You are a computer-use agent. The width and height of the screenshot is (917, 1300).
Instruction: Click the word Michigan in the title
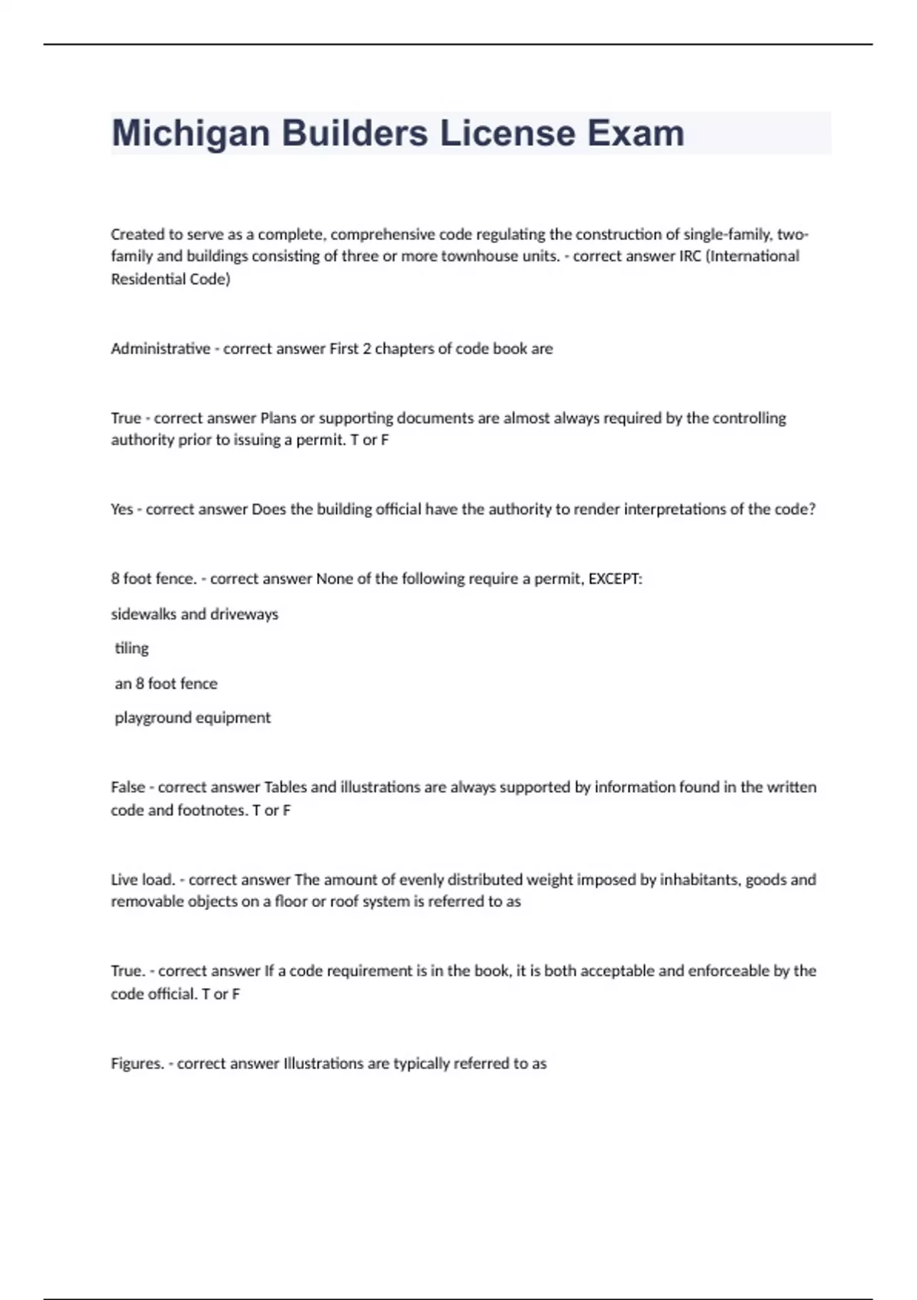coord(190,134)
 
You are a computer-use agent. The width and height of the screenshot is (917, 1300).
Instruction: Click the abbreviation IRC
coord(690,256)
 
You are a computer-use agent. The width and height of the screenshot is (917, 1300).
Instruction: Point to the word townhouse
coord(476,256)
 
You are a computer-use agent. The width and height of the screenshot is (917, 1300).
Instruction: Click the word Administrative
coord(160,349)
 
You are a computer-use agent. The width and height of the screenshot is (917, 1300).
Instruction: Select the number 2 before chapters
coord(367,349)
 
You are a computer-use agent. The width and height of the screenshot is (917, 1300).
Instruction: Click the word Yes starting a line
coord(122,509)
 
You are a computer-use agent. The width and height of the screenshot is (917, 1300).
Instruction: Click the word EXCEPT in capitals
coord(614,579)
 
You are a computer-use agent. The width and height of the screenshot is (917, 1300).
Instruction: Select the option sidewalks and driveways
coord(195,614)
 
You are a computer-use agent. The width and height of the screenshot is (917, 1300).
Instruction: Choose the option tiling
coord(131,648)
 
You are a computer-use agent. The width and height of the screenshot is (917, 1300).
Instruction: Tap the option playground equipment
coord(193,718)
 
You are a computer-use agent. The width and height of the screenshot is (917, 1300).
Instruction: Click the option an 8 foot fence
coord(166,684)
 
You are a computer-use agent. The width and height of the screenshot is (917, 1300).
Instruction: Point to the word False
coord(128,787)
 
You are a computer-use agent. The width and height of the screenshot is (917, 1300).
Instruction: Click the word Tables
coord(284,787)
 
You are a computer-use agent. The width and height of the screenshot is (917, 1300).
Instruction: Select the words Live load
coord(143,879)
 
